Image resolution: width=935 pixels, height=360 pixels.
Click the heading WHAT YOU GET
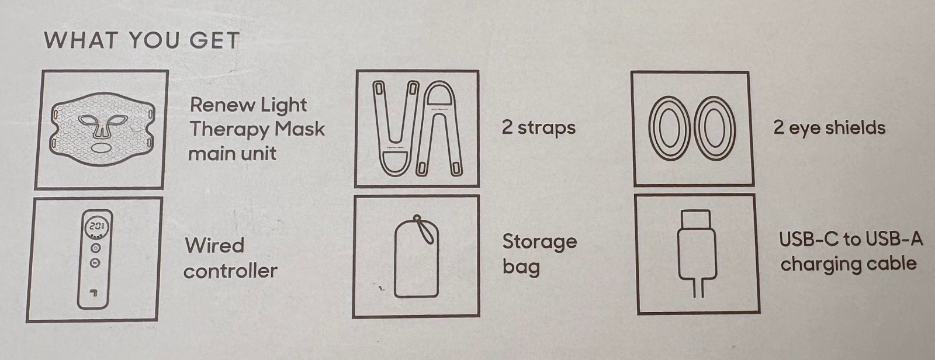pos(141,40)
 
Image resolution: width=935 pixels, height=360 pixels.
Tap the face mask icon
pos(102,129)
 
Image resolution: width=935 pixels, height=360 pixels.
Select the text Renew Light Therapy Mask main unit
pos(257,129)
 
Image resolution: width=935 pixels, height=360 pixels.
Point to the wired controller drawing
pos(95,259)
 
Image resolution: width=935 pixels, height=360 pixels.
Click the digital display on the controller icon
pos(96,227)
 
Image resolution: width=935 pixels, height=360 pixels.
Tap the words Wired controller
pos(230,258)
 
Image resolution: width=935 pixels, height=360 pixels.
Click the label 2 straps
pos(538,127)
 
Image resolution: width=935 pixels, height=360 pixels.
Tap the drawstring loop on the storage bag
pos(423,229)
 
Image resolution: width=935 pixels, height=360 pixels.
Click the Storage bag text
pos(539,254)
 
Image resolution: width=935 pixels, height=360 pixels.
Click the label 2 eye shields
pos(829,127)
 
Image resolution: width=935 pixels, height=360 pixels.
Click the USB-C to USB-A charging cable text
pos(850,252)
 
